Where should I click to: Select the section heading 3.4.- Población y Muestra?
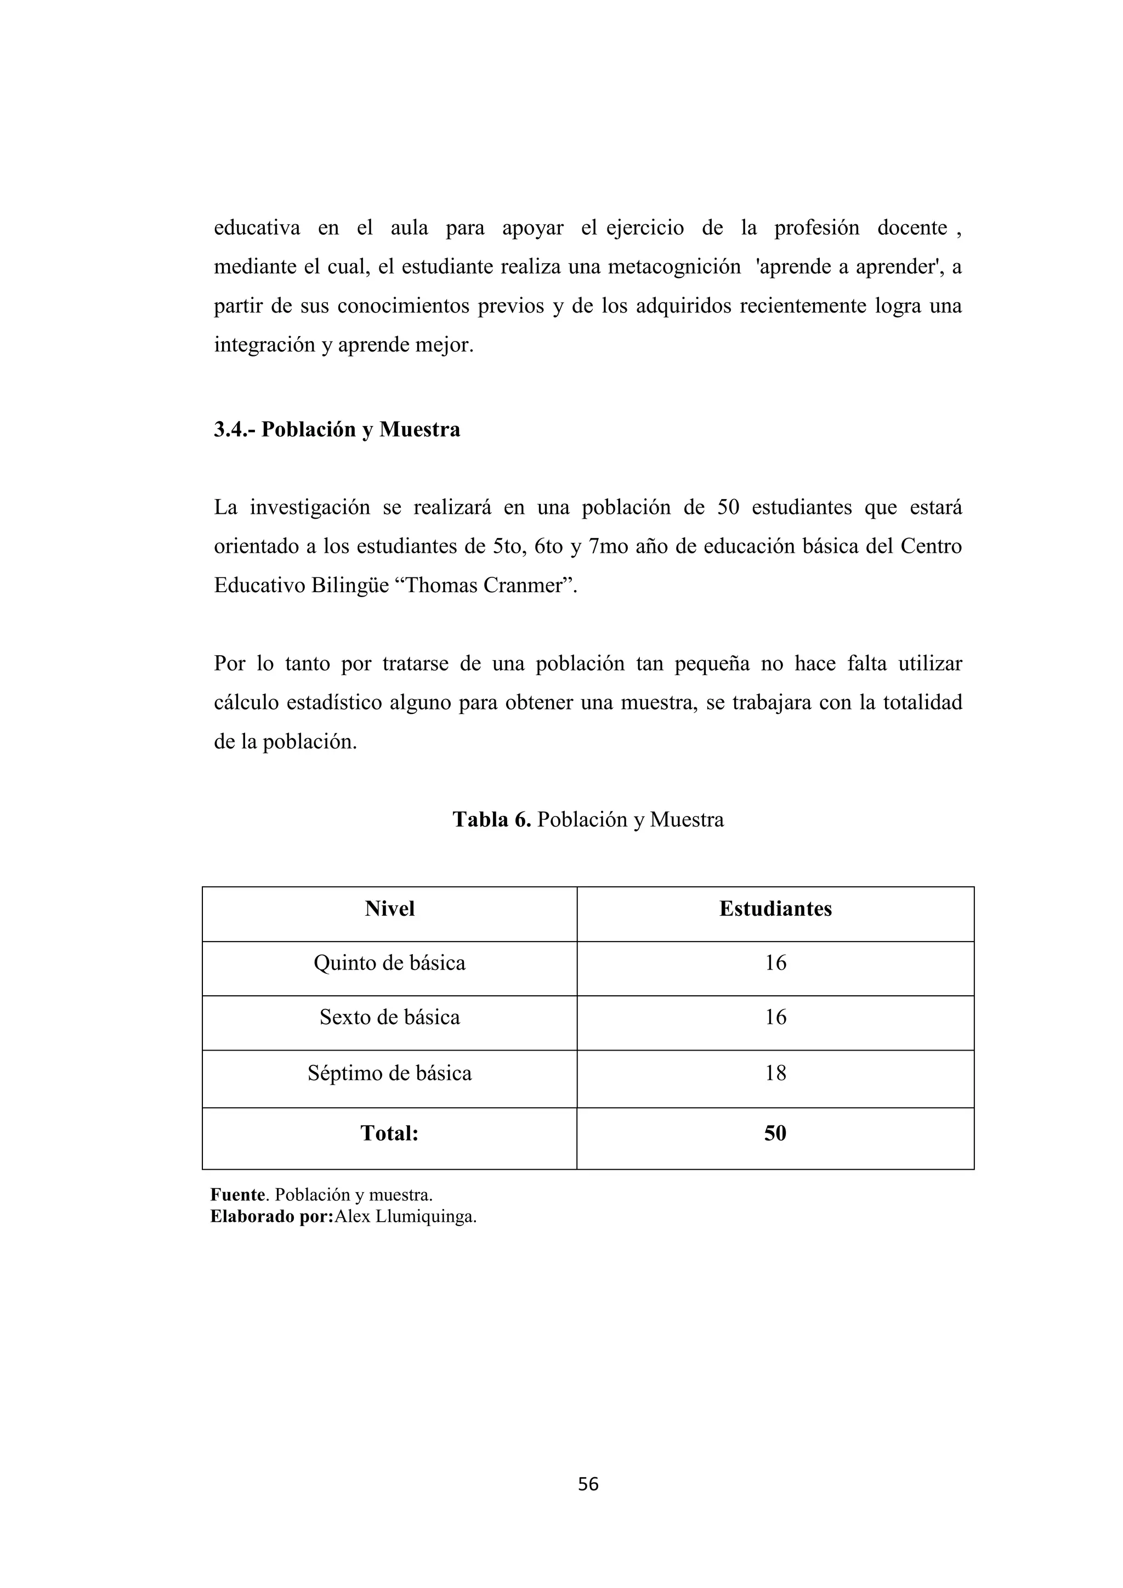(337, 429)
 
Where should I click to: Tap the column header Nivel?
(389, 908)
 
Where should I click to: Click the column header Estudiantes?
(775, 908)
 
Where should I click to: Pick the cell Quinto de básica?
(389, 963)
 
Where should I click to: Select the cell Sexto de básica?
(389, 1017)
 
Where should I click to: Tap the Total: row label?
(389, 1133)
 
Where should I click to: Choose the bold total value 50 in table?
(775, 1133)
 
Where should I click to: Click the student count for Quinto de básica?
(775, 963)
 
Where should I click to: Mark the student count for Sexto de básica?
(775, 1017)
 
